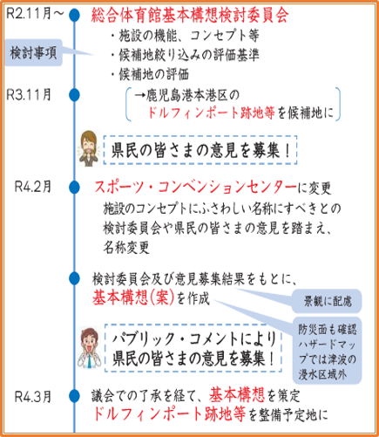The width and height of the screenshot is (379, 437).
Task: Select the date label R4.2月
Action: [34, 187]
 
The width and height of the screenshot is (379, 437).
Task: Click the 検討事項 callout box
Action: [36, 53]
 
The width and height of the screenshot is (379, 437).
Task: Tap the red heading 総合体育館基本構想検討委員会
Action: [189, 15]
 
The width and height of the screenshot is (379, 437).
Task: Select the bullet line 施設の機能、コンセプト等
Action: [178, 36]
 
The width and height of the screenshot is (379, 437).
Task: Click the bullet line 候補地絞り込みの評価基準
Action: [184, 55]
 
